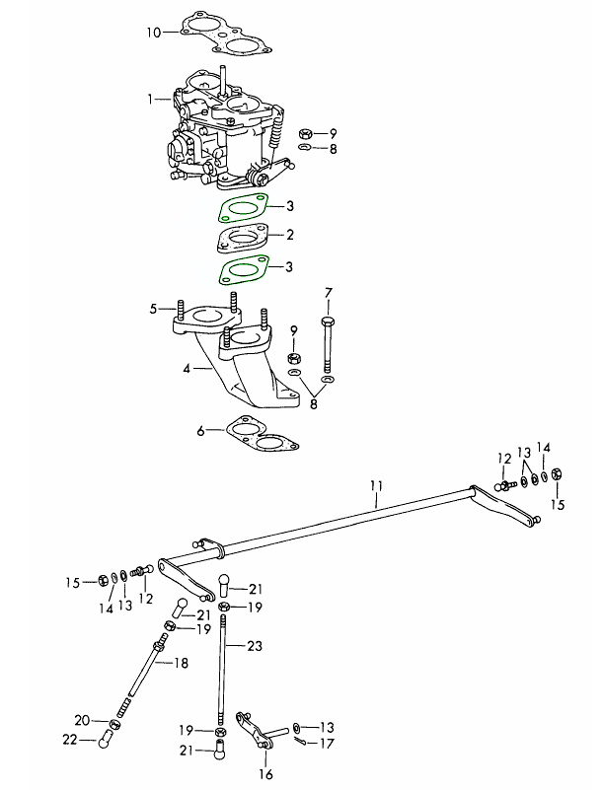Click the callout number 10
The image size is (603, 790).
154,32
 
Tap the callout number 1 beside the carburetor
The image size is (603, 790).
151,99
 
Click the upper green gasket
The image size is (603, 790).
243,209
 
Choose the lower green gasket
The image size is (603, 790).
243,269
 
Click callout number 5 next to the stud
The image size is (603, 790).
154,309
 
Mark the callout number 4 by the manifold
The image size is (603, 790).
185,368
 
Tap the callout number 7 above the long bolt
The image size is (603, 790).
329,292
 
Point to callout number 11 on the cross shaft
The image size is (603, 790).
376,485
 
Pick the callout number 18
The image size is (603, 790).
182,664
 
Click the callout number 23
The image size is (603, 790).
256,646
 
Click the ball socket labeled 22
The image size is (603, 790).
105,740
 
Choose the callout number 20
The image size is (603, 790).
83,719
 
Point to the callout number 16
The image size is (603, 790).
265,774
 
